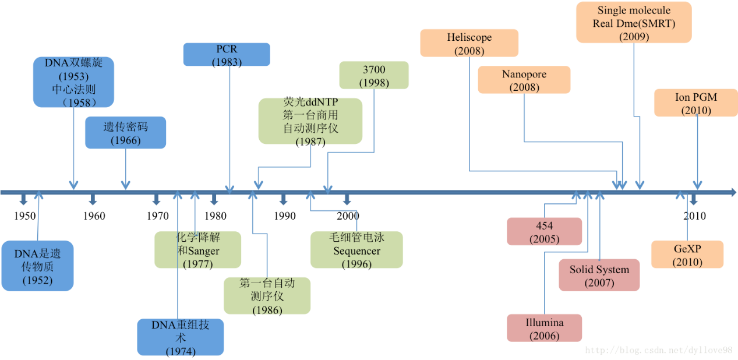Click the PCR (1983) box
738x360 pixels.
[227, 54]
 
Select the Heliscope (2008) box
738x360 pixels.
[469, 43]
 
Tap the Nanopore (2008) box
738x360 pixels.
[524, 80]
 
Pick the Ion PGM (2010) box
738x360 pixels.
[696, 103]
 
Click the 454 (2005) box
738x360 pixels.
[544, 231]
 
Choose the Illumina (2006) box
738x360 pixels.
[544, 328]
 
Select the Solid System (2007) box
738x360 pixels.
[599, 275]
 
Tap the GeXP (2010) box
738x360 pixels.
[687, 255]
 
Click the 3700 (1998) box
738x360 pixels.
[374, 75]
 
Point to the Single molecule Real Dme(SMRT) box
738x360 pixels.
[634, 22]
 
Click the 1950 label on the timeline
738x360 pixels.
[24, 216]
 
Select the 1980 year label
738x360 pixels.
[216, 216]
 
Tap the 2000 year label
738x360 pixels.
[348, 216]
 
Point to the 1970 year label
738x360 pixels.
[158, 216]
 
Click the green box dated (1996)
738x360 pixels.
[356, 250]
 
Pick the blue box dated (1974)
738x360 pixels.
[181, 337]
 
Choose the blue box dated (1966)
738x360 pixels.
[126, 132]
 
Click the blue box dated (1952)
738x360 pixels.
[37, 266]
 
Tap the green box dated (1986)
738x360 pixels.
[267, 295]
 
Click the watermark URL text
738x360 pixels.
[659, 350]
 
